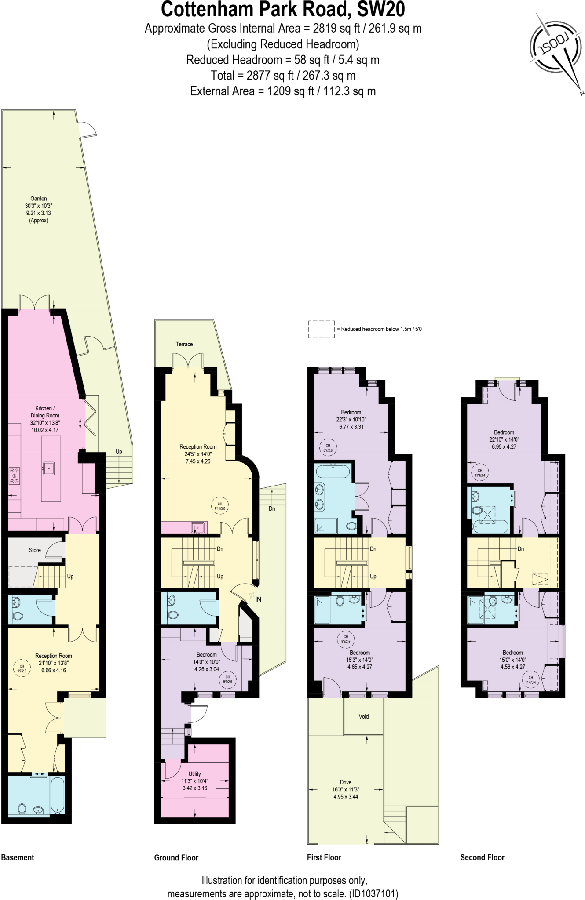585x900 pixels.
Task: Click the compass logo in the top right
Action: tap(555, 49)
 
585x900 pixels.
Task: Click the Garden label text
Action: tap(39, 199)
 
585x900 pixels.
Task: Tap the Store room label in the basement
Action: tap(35, 550)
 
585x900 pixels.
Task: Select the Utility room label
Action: tap(194, 773)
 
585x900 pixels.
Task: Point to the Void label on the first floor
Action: tap(363, 716)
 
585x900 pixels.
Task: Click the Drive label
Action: tap(346, 782)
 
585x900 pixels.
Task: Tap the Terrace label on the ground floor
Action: tap(184, 344)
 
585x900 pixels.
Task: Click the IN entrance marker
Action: tap(258, 599)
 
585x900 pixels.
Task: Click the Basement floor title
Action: tap(18, 857)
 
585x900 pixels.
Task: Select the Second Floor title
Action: tap(482, 857)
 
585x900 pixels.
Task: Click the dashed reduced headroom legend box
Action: tap(321, 329)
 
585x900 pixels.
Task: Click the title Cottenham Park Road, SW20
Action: tap(283, 10)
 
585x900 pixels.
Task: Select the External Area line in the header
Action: tap(283, 91)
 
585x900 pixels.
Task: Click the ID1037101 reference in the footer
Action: tap(373, 893)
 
